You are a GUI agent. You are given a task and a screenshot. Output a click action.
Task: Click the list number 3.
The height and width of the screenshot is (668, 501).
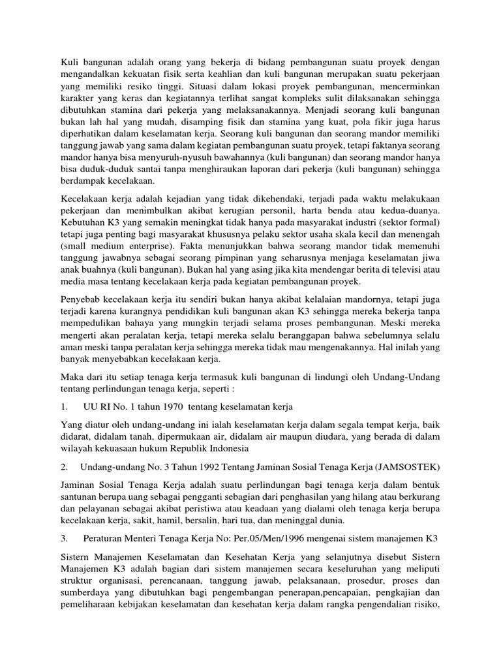click(x=63, y=538)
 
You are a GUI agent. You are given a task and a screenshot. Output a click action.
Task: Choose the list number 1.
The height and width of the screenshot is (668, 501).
click(x=63, y=406)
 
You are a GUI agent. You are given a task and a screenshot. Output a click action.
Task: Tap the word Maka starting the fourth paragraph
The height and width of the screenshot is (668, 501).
click(x=72, y=376)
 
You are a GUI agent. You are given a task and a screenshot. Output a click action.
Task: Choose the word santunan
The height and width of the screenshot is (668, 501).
click(x=80, y=496)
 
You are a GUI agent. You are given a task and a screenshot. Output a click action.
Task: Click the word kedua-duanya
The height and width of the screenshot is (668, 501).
click(x=412, y=211)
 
